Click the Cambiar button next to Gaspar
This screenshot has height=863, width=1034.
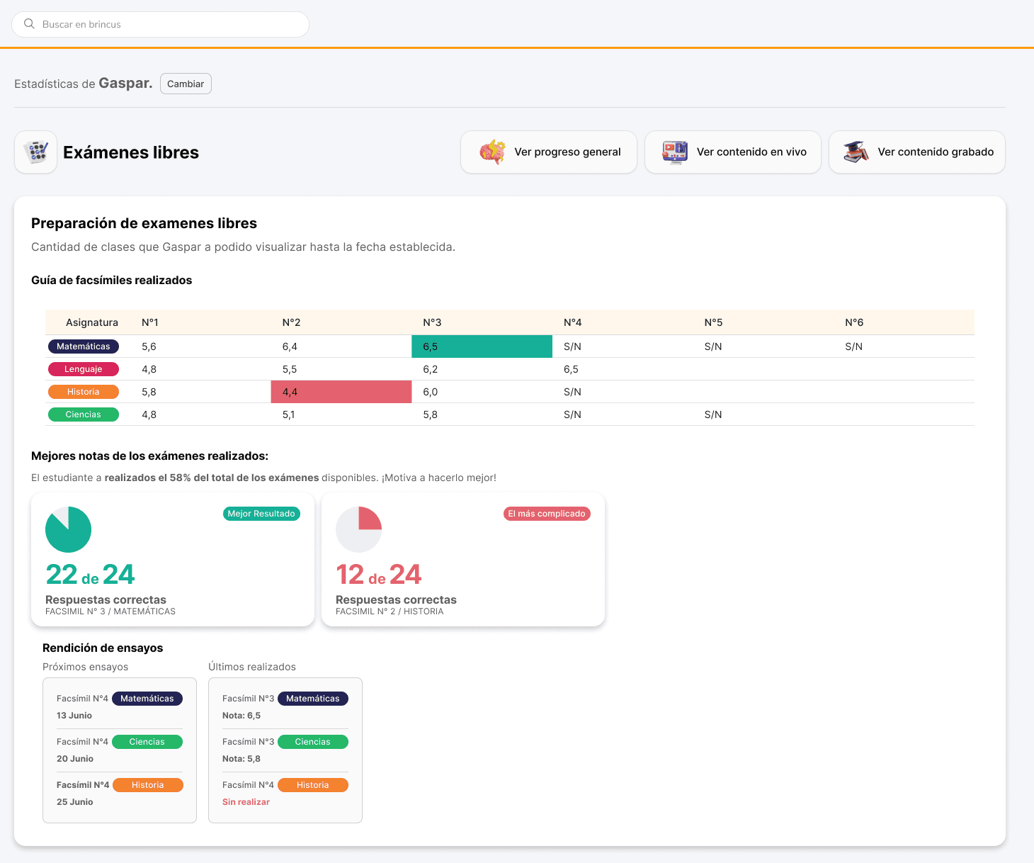[x=186, y=84]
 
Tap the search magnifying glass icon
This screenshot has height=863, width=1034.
[x=29, y=24]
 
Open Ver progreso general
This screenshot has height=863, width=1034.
[x=549, y=152]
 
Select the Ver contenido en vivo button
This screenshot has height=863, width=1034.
[x=733, y=152]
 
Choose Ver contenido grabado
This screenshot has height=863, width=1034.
[x=917, y=152]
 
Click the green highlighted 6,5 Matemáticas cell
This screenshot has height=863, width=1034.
[x=482, y=346]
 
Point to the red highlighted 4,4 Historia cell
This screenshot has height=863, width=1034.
[x=341, y=392]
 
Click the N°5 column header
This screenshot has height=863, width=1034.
[x=713, y=322]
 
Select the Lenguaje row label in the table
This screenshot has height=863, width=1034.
[x=83, y=369]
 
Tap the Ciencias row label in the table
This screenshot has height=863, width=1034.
[x=83, y=414]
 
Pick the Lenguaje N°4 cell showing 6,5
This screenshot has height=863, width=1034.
[x=571, y=369]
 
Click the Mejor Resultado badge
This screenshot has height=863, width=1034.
[x=261, y=514]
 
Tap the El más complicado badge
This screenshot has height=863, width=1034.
[x=547, y=514]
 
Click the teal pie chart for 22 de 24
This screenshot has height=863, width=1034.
[x=68, y=529]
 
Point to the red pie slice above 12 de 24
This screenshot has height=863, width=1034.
[x=370, y=519]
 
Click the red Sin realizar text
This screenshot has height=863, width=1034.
[x=246, y=801]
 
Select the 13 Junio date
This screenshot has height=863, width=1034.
[x=74, y=716]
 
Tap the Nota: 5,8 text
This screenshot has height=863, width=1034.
[x=242, y=758]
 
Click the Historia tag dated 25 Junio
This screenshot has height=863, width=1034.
[x=147, y=785]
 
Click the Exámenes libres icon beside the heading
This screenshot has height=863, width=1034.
[x=35, y=152]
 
